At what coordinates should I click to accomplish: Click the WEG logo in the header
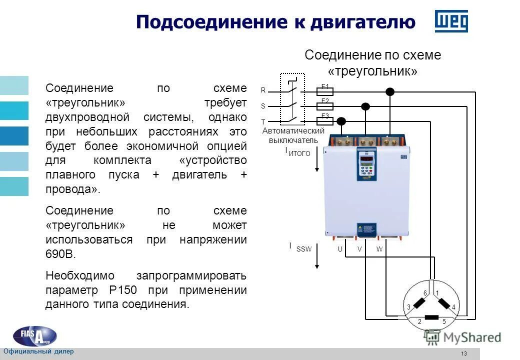click(451, 21)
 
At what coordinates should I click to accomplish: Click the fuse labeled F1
click(325, 91)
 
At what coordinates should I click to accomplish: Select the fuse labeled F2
click(325, 106)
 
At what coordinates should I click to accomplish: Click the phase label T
click(263, 121)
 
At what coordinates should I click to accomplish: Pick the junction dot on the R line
click(390, 91)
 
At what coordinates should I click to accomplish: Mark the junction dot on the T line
click(341, 121)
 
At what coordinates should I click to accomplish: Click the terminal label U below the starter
click(339, 249)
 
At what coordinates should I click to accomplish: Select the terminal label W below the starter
click(379, 249)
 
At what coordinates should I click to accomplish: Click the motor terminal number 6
click(425, 293)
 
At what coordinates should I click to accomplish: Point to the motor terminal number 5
click(443, 321)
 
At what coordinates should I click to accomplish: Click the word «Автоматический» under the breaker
click(293, 131)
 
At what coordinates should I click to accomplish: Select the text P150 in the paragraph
click(120, 290)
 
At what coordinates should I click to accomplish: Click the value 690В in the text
click(60, 254)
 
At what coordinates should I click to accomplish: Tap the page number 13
click(463, 354)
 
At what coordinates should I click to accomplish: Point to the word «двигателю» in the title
click(362, 22)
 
